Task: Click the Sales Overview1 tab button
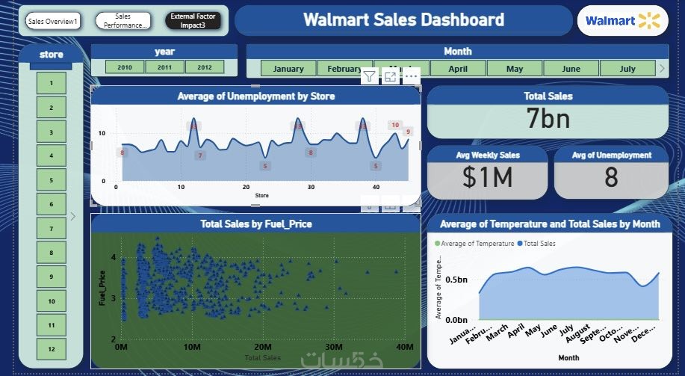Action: pos(52,21)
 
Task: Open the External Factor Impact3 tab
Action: pos(193,20)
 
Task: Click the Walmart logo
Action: pos(622,21)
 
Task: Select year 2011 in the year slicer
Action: pos(164,67)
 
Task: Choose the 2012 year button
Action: pos(204,67)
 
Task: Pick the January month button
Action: pos(288,69)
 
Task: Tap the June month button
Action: pos(571,69)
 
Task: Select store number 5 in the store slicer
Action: pos(52,180)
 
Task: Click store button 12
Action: pos(52,349)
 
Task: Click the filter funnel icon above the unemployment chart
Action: pos(369,76)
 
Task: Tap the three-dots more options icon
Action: pos(411,76)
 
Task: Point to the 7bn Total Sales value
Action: pos(548,118)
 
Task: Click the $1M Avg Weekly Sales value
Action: pos(487,177)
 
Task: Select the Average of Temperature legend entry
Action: pos(475,244)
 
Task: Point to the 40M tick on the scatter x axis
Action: pos(404,347)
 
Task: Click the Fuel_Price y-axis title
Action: pos(102,292)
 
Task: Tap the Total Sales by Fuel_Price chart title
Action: pos(256,224)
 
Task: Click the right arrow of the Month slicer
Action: pos(661,68)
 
